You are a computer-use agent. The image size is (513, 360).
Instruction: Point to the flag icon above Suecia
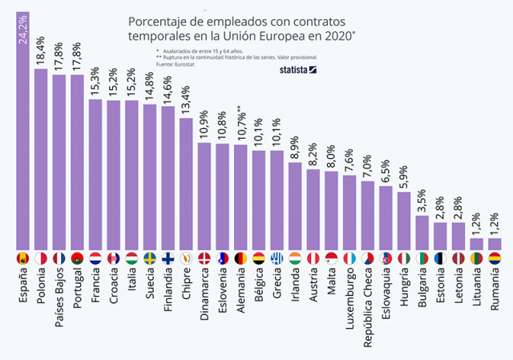point(150,259)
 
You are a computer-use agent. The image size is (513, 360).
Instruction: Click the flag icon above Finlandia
point(168,259)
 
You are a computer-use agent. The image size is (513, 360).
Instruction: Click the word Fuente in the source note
point(166,64)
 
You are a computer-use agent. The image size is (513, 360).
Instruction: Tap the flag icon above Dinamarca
point(204,259)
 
